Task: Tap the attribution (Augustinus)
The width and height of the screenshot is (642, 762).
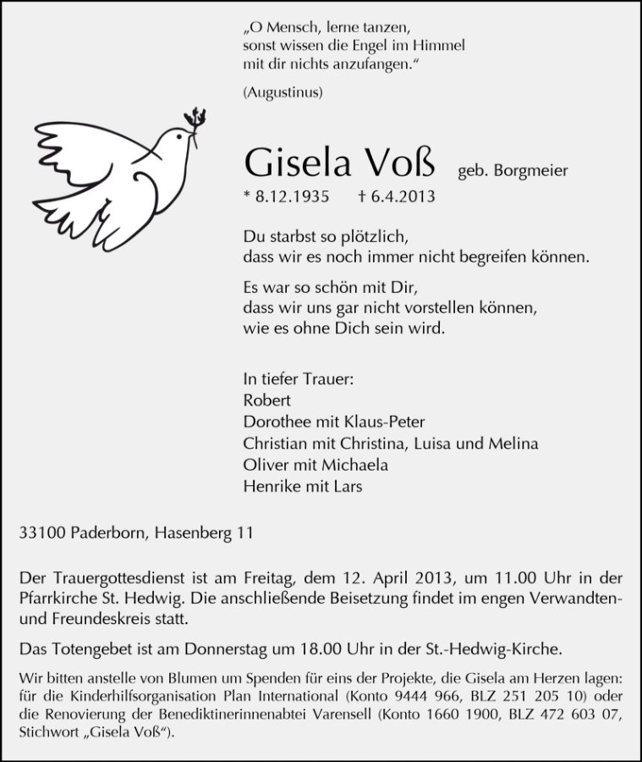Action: tap(282, 91)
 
